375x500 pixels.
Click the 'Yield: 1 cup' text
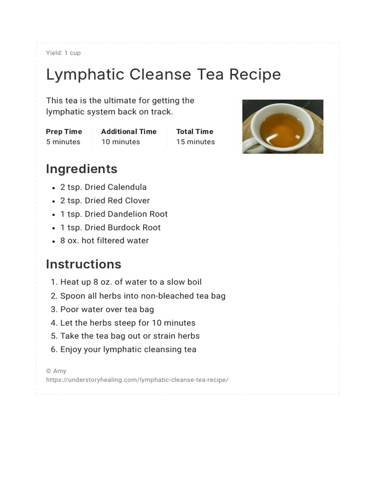click(63, 53)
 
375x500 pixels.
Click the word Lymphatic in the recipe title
click(84, 75)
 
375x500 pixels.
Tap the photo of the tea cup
click(283, 126)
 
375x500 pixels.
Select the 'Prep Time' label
click(64, 131)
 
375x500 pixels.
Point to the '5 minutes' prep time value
click(63, 142)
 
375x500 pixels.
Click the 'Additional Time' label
click(129, 131)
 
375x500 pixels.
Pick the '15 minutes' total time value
click(195, 142)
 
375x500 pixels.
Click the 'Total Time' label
click(195, 131)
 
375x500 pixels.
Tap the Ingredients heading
click(82, 169)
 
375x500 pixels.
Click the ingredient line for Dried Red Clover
click(105, 201)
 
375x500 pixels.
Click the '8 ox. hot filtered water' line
click(104, 241)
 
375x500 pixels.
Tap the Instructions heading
click(83, 264)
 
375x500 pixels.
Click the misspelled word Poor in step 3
click(69, 309)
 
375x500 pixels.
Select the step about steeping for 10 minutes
click(127, 323)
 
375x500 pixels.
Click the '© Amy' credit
click(56, 371)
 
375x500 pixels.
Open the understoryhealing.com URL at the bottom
click(137, 379)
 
